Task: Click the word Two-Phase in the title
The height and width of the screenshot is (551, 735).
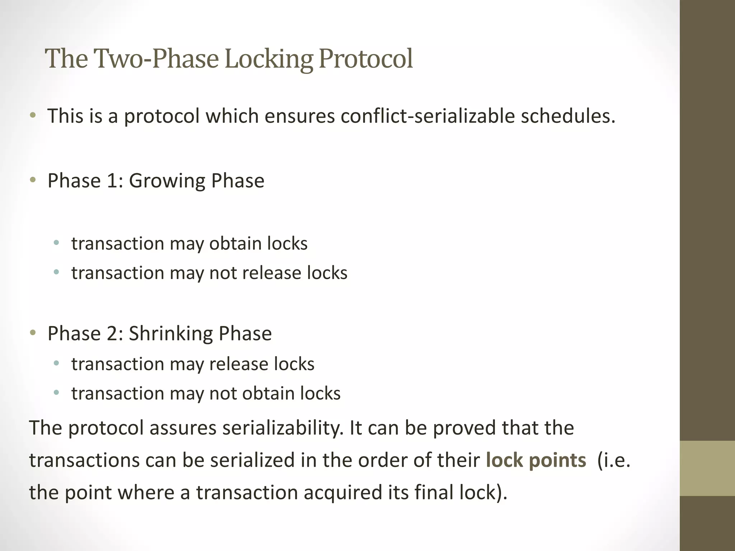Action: [156, 58]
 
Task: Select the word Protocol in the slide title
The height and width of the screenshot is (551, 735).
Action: [365, 58]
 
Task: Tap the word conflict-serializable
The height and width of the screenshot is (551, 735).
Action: [427, 116]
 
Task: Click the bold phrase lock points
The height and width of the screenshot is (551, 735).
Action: [535, 460]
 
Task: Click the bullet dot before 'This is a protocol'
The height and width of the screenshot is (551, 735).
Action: [33, 116]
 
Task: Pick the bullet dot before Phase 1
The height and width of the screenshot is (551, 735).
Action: [33, 180]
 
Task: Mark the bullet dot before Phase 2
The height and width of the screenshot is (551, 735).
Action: [33, 333]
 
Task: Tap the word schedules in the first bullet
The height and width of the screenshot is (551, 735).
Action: [568, 116]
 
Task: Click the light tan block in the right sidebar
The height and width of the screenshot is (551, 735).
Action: [707, 468]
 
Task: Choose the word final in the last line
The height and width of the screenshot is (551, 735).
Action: [434, 493]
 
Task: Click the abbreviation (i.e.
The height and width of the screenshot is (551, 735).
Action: [613, 460]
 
